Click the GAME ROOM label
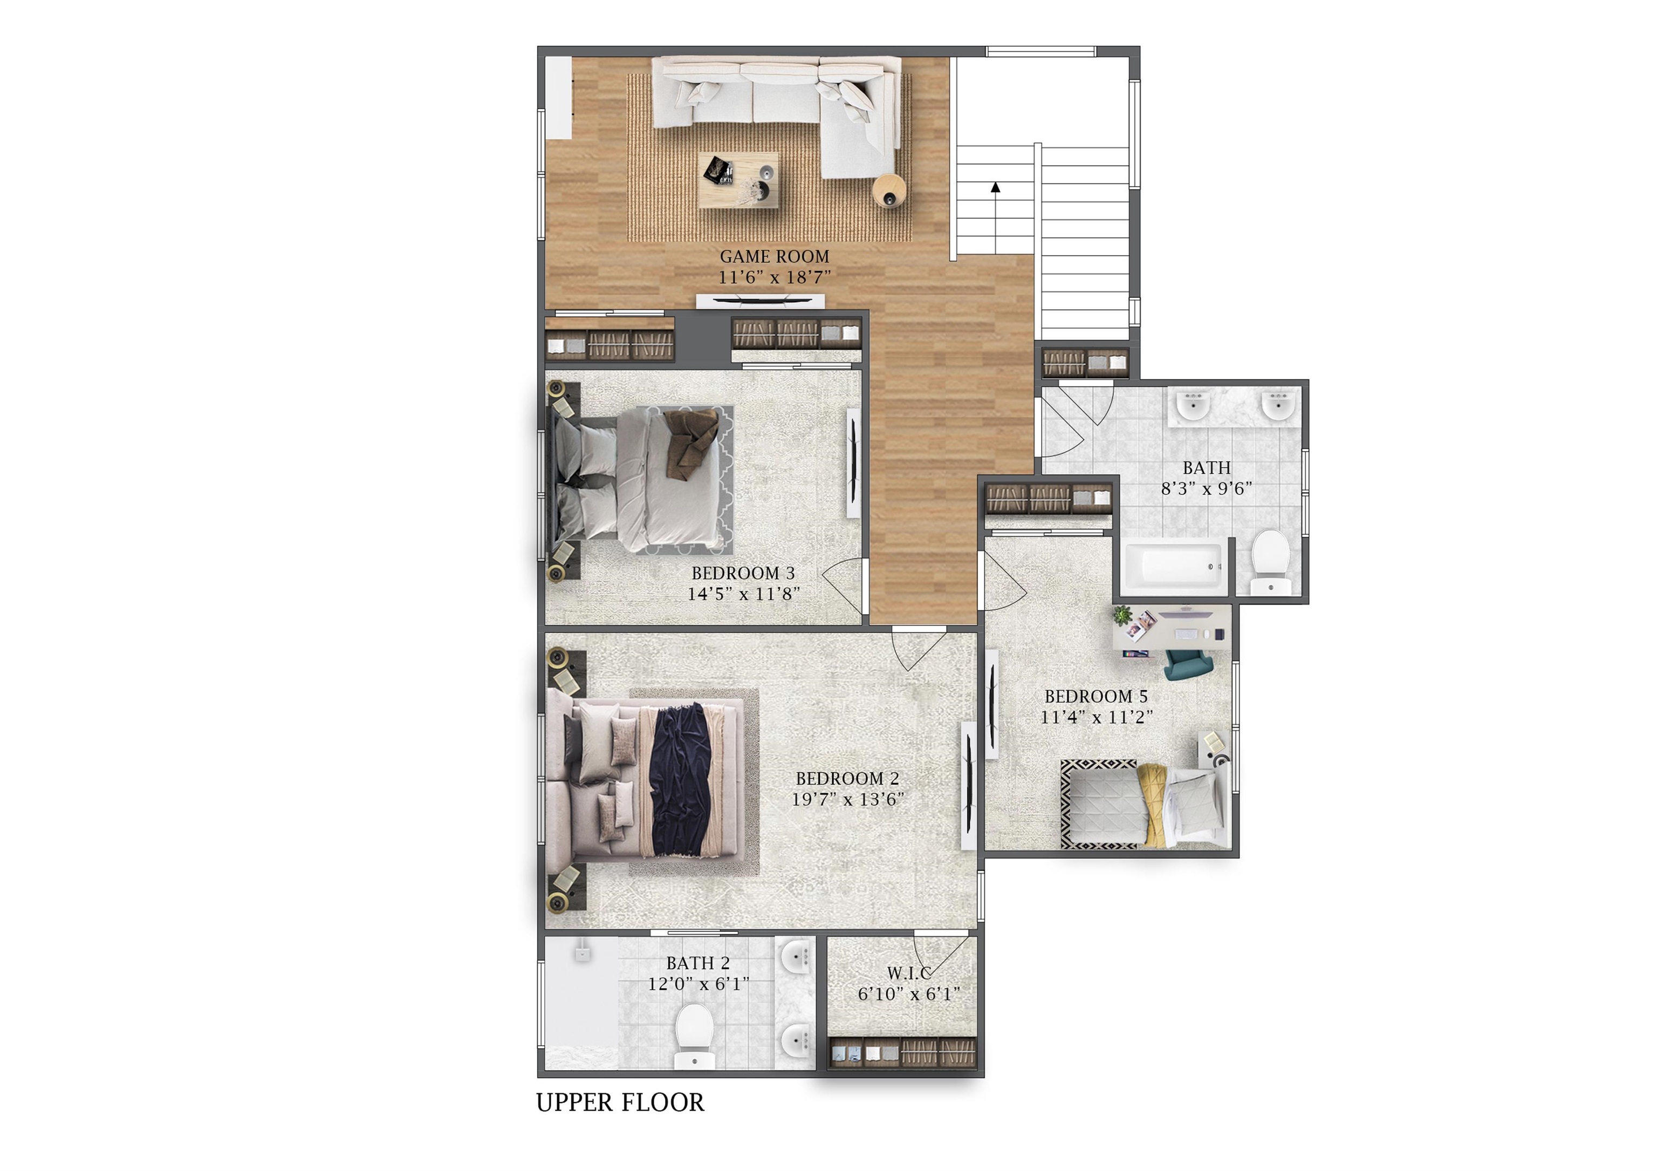(x=775, y=256)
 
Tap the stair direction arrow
(x=995, y=188)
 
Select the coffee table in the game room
(x=737, y=180)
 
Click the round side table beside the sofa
(x=889, y=192)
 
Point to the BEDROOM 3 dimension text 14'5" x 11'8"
(x=743, y=594)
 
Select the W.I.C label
(x=909, y=973)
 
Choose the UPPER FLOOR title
(x=619, y=1102)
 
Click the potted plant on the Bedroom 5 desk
(x=1121, y=616)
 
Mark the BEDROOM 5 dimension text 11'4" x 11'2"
(x=1096, y=717)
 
